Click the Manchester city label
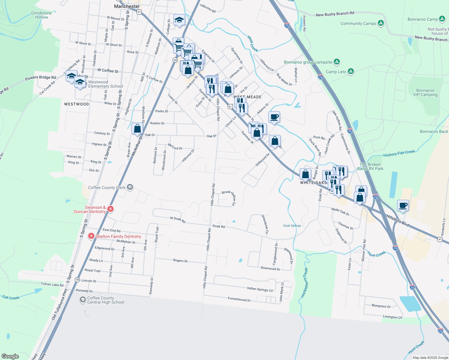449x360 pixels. point(127,6)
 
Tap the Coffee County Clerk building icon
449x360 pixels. point(130,187)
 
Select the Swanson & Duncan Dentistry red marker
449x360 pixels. point(110,209)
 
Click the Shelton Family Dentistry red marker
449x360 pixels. point(91,236)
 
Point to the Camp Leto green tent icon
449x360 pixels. point(351,71)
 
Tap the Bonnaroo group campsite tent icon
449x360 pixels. point(337,62)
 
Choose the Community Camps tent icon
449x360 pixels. point(381,23)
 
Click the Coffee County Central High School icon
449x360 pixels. point(83,300)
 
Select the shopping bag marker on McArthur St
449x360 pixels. point(137,129)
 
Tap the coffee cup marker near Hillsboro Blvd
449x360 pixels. point(403,205)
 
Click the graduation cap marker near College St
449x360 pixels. point(179,20)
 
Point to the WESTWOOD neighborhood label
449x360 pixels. point(77,104)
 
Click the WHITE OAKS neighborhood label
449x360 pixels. point(313,183)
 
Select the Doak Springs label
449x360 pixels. point(292,226)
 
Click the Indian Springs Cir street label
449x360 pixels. point(260,289)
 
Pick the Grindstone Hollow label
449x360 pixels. point(41,15)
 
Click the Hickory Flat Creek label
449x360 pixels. point(399,153)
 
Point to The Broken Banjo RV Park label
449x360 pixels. point(370,166)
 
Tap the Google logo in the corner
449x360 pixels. point(10,356)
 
